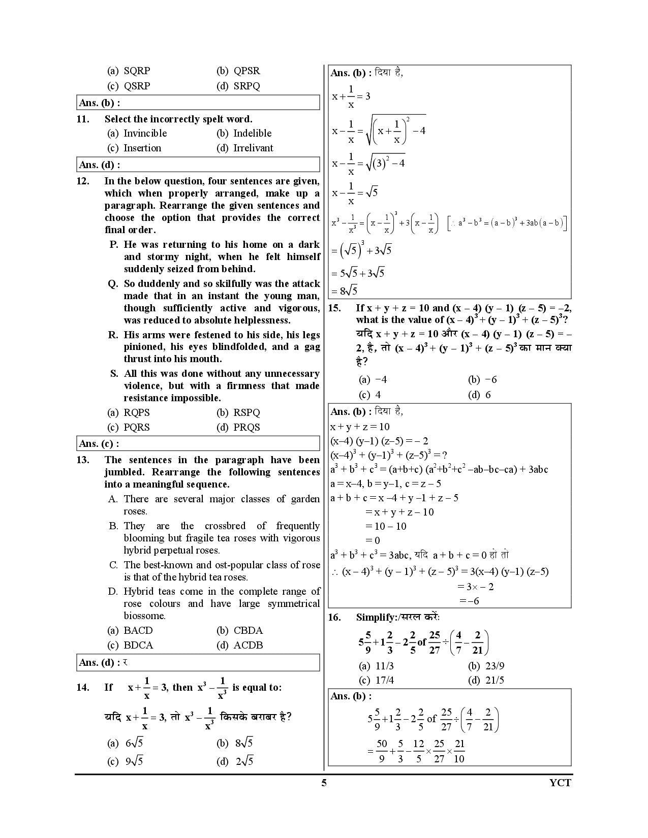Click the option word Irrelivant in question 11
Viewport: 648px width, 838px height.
click(253, 148)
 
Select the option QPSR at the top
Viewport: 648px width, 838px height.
click(246, 71)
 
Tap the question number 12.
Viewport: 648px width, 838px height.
click(83, 181)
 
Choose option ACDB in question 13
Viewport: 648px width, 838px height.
click(248, 646)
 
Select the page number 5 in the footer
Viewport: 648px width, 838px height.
click(324, 783)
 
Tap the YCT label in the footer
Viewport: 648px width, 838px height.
click(561, 783)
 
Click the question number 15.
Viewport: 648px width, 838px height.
click(334, 308)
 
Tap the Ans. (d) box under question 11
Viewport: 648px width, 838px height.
click(198, 165)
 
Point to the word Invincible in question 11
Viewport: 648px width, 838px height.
click(145, 134)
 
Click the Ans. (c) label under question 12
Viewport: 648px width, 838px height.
click(99, 444)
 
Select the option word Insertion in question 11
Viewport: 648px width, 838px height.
click(142, 148)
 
